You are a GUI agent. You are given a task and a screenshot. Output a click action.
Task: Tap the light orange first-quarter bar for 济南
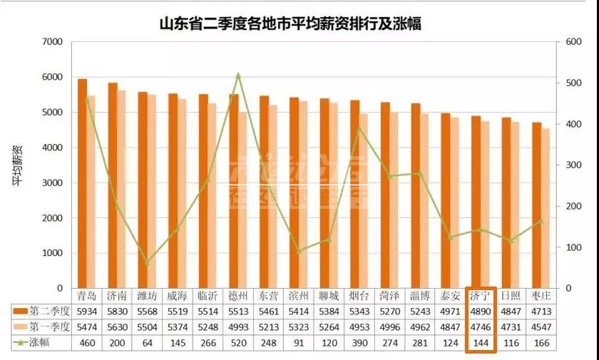tap(121, 189)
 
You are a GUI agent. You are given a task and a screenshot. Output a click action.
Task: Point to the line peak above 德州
tap(238, 74)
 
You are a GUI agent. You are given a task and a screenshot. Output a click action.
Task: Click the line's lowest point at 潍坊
tap(148, 262)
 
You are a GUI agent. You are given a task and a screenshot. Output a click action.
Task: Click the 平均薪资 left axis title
tap(17, 165)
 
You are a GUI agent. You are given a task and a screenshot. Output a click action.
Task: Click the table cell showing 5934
tap(88, 312)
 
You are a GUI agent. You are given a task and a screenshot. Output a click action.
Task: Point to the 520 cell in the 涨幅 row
tap(238, 343)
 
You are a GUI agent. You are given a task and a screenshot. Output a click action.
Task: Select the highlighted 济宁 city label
tap(481, 296)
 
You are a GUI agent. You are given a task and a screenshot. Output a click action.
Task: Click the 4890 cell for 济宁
tap(481, 312)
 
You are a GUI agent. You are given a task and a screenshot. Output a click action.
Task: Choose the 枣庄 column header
tap(542, 296)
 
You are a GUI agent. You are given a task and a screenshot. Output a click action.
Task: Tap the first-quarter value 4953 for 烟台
tap(359, 327)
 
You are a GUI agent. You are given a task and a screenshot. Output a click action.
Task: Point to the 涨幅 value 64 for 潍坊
tap(148, 343)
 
